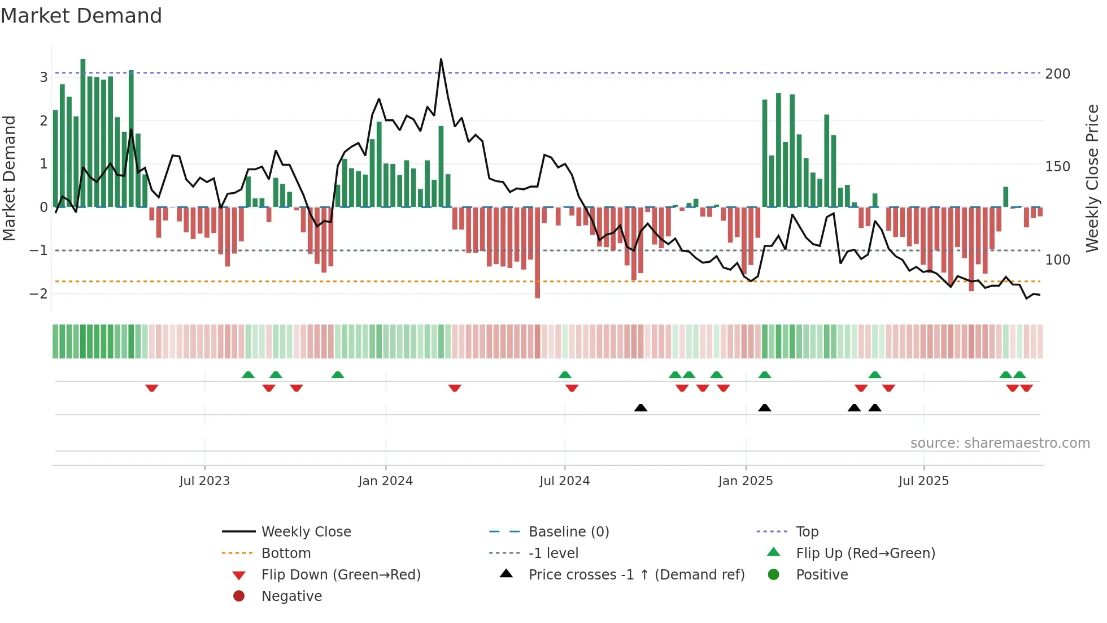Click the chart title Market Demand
click(x=81, y=16)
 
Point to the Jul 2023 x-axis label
click(x=204, y=481)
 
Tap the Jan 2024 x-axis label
click(x=385, y=481)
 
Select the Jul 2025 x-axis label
click(x=923, y=481)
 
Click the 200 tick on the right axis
click(x=1057, y=74)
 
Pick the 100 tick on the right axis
click(x=1057, y=260)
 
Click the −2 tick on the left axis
click(x=38, y=293)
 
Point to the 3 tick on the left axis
click(x=43, y=77)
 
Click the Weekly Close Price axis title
click(x=1092, y=178)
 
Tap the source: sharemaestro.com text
click(x=1000, y=443)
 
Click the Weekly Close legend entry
click(x=306, y=532)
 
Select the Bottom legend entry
click(x=286, y=553)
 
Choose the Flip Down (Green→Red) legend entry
click(x=341, y=575)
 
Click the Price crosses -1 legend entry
click(x=636, y=575)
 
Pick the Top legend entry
click(x=807, y=532)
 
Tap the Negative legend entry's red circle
click(x=239, y=596)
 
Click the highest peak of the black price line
click(x=441, y=59)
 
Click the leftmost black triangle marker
click(x=640, y=408)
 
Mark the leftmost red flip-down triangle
click(x=151, y=388)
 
